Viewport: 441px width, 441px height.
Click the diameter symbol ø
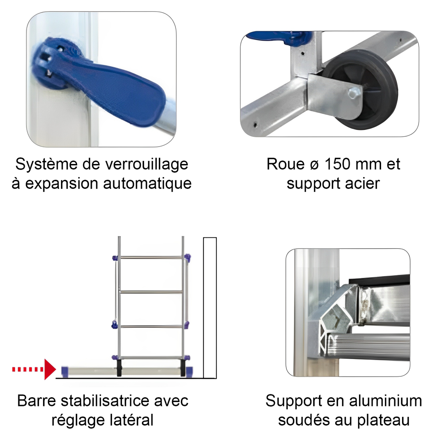click(x=314, y=165)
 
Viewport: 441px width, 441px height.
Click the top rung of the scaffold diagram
click(x=151, y=258)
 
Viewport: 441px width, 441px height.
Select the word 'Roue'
click(x=286, y=164)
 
